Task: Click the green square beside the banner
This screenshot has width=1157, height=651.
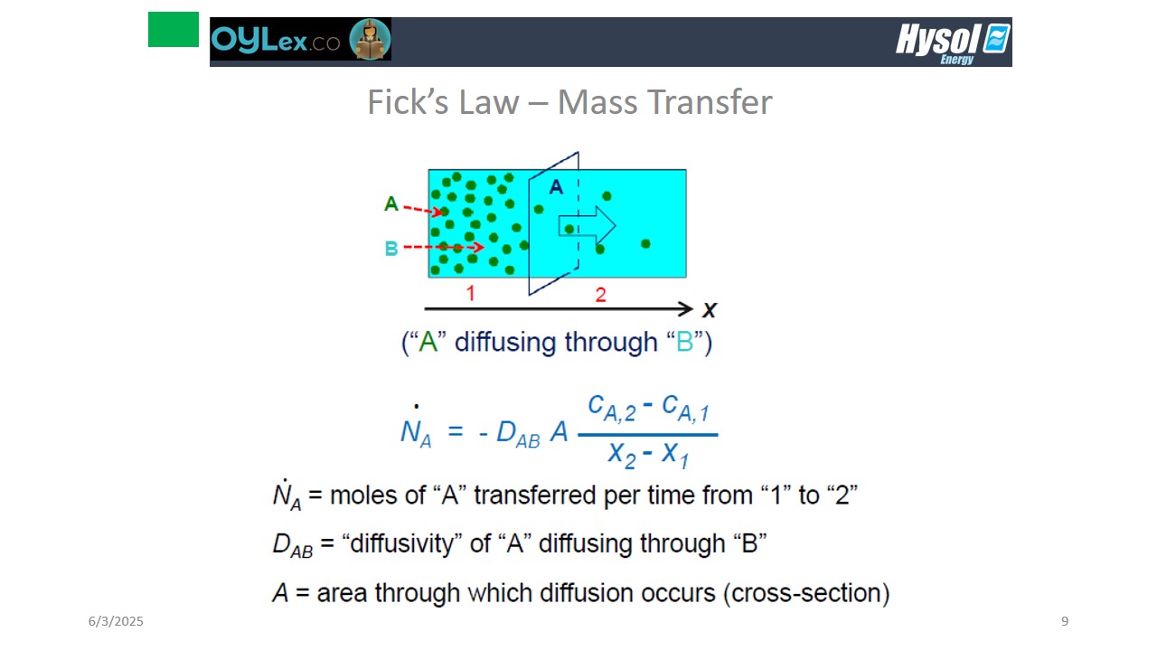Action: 173,30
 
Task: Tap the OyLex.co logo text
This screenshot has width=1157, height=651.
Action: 276,40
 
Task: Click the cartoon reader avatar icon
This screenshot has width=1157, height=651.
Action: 370,39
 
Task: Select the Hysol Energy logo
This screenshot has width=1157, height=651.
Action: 953,43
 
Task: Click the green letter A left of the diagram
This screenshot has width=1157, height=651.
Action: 391,203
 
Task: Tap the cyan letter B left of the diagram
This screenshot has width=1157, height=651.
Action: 391,249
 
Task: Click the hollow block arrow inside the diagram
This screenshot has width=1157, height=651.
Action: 587,226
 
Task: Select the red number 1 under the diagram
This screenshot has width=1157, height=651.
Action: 470,294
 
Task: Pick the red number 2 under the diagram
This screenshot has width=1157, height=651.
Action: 600,295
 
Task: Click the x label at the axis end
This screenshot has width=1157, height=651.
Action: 710,310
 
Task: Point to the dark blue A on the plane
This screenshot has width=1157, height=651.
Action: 556,186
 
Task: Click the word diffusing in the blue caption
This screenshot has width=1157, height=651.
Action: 505,342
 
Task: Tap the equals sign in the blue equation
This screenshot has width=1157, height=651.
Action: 455,430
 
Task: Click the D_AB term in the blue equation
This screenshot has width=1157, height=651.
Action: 518,433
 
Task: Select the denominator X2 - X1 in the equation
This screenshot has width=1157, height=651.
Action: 648,455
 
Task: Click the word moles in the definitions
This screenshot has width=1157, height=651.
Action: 363,495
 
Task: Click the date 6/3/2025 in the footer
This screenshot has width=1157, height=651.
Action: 116,621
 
